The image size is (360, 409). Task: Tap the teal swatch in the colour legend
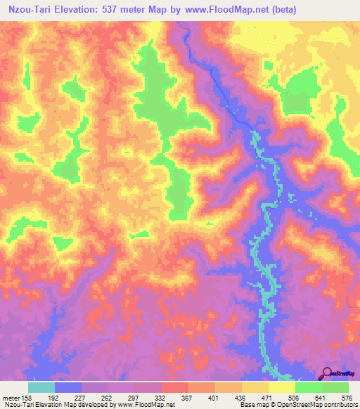click(x=41, y=387)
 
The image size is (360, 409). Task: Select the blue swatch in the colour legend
click(x=68, y=387)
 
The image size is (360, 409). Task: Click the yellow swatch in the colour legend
click(x=282, y=387)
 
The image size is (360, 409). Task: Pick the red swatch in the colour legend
click(x=175, y=387)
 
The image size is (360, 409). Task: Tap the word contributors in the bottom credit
click(x=340, y=405)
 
